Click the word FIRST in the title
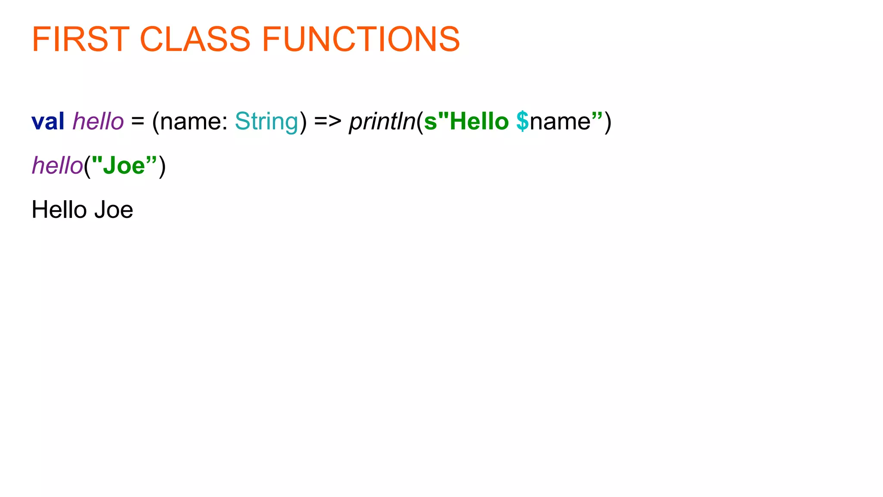pos(81,39)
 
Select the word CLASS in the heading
pos(195,39)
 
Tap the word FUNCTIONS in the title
pos(361,39)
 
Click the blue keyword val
pos(48,121)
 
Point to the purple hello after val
pos(98,121)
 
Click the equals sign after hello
pos(138,122)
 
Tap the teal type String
pos(266,122)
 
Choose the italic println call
pos(382,122)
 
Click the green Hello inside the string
pos(479,122)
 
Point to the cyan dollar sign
pos(523,122)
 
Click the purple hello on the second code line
pos(57,166)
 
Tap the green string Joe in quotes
pos(124,166)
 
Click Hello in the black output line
pos(59,210)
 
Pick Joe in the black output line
pos(114,210)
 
